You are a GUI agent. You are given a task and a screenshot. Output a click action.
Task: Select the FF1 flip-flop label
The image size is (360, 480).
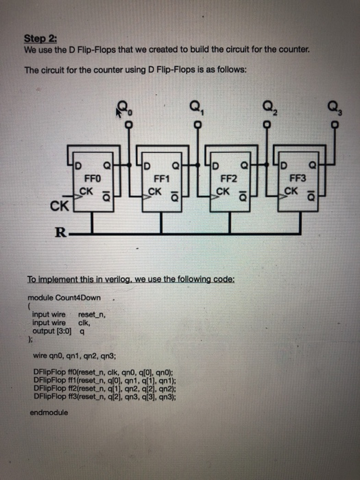point(162,176)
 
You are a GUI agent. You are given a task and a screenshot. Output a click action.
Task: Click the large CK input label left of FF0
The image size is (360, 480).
point(59,204)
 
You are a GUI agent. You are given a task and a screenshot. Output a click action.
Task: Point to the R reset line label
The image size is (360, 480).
point(61,233)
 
